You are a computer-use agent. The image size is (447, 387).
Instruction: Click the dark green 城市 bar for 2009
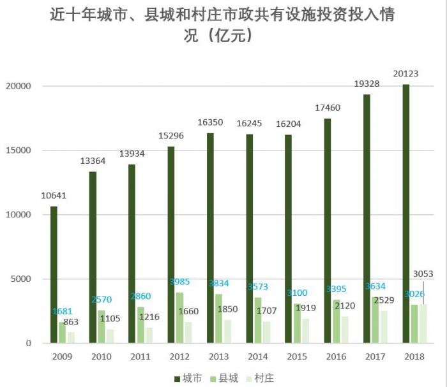pos(54,274)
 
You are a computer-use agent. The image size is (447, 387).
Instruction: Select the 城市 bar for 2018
pos(405,214)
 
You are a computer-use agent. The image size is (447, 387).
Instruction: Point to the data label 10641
pos(54,195)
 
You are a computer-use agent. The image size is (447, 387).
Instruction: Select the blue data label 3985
pos(179,282)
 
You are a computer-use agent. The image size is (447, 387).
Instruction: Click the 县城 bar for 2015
pos(297,323)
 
